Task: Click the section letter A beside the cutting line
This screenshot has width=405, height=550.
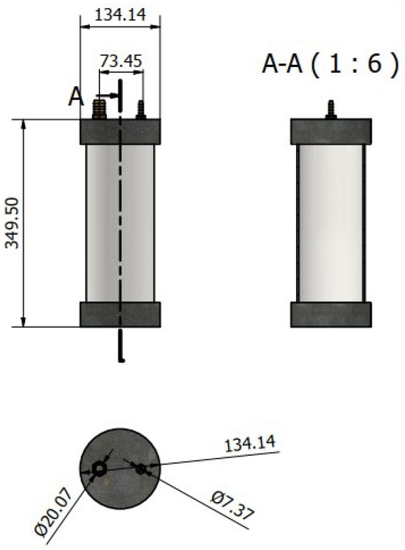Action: click(x=77, y=96)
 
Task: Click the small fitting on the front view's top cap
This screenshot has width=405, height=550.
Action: click(x=141, y=110)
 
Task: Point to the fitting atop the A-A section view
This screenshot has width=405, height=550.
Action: click(x=331, y=107)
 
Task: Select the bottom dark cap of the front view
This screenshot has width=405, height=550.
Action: click(x=119, y=314)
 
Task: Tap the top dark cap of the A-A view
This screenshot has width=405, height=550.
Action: click(x=331, y=131)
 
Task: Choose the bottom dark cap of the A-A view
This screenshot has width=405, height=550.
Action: click(x=331, y=314)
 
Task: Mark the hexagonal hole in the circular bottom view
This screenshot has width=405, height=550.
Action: click(x=99, y=468)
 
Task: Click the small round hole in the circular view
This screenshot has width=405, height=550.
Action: click(x=140, y=466)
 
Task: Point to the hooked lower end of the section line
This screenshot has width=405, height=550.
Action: click(x=120, y=357)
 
